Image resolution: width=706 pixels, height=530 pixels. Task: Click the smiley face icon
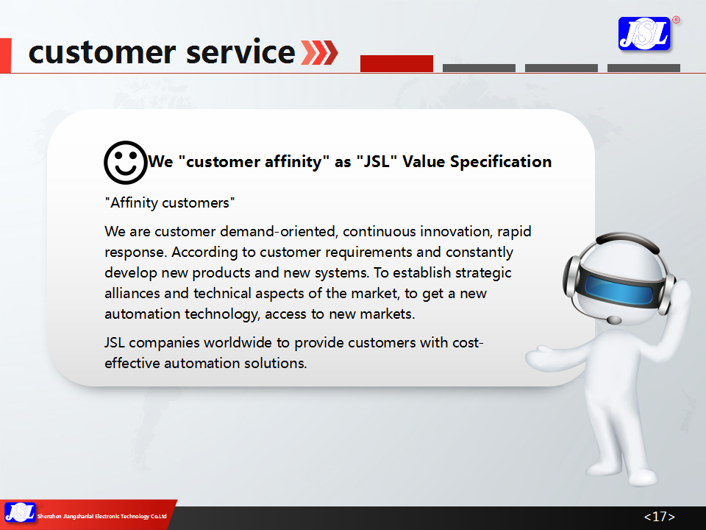click(126, 163)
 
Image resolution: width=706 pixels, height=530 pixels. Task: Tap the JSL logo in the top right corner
click(644, 34)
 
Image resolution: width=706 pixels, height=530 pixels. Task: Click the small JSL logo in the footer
click(20, 513)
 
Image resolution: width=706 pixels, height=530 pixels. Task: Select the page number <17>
click(659, 517)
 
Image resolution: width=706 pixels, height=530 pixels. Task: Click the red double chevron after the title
click(319, 52)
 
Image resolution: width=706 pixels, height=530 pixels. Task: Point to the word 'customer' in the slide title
click(102, 52)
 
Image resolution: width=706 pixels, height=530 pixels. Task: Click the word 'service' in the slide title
click(240, 52)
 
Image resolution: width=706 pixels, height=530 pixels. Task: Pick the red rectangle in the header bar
click(396, 63)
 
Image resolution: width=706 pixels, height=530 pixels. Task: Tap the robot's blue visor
click(620, 289)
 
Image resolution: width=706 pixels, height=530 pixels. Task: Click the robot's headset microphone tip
click(613, 320)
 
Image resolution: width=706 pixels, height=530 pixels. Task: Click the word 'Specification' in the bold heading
click(501, 161)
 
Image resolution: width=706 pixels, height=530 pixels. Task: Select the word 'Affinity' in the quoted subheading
click(134, 203)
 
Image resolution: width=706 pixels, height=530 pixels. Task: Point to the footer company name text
click(101, 517)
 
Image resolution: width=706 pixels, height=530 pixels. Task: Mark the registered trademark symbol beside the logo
click(676, 20)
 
